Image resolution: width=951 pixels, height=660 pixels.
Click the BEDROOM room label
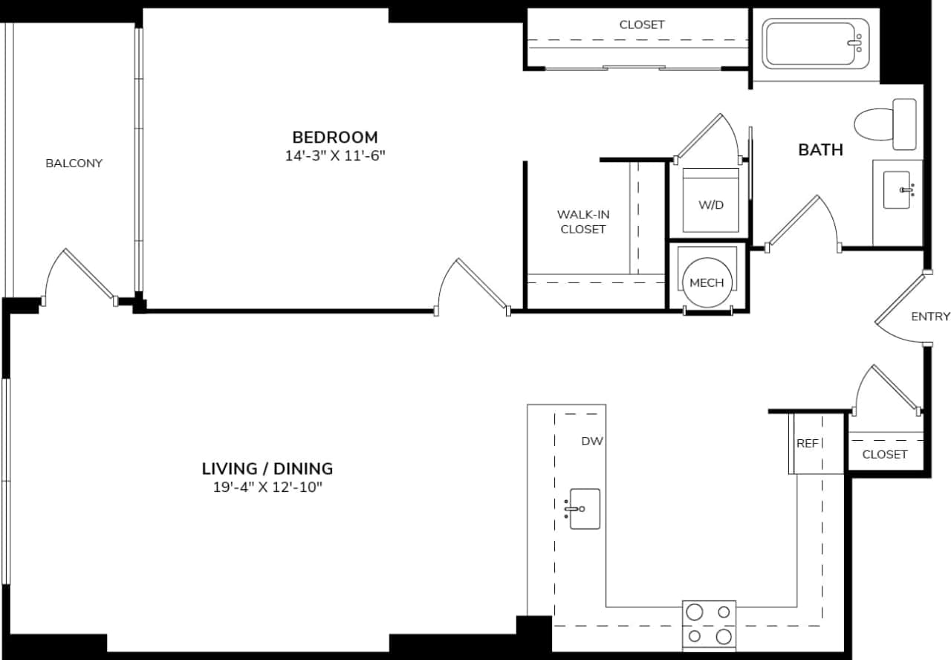click(334, 137)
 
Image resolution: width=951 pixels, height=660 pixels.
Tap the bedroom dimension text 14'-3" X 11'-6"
click(334, 156)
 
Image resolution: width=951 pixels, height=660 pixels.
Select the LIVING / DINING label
click(267, 468)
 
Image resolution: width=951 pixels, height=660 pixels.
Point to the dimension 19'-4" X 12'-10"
click(267, 488)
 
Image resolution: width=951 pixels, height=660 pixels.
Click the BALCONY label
click(74, 163)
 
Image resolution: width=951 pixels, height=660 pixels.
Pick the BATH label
click(820, 149)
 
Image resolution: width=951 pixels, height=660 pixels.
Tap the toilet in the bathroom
click(884, 123)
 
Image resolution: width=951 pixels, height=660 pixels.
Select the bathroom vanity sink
click(897, 190)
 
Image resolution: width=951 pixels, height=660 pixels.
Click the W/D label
click(711, 204)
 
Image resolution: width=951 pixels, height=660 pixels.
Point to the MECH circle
click(707, 282)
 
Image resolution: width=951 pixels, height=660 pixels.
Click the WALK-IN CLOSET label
click(582, 221)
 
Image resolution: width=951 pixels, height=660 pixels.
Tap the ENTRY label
click(930, 317)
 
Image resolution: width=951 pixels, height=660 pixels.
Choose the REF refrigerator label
click(807, 444)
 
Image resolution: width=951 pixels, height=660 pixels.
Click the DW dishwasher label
click(591, 441)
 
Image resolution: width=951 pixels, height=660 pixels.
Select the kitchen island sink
click(585, 508)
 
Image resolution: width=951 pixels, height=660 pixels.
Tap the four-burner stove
click(709, 624)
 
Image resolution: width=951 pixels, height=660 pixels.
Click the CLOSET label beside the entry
click(884, 453)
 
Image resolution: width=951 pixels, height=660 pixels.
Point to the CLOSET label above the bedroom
click(642, 25)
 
